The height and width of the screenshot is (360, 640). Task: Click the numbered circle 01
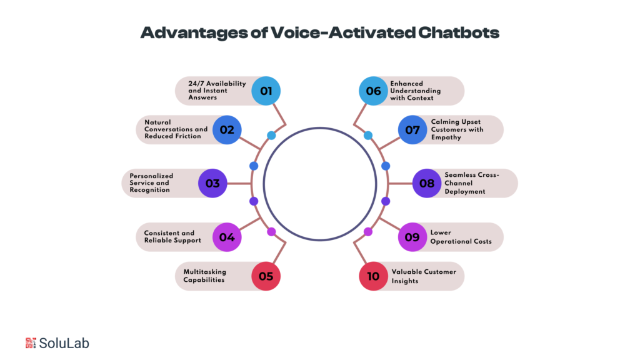coord(266,91)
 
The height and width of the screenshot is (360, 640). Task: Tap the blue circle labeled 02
coord(227,130)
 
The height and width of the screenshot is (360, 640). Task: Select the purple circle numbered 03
coord(212,183)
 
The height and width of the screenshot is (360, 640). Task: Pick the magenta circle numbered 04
coord(227,237)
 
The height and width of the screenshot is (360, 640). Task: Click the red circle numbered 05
coord(266,276)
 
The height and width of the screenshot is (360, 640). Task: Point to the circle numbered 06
coord(374,91)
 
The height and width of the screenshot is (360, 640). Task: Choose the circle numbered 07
coord(412,130)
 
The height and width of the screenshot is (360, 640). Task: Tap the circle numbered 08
coord(427,183)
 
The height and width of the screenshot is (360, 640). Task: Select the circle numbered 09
coord(412,237)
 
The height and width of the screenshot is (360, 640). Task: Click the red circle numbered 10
coord(374,276)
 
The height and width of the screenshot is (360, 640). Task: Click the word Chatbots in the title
coord(458,32)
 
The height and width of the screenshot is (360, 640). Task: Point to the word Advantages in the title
coord(194,33)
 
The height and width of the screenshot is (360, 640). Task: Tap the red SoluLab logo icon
coord(31,343)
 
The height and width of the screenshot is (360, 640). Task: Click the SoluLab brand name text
coord(64,343)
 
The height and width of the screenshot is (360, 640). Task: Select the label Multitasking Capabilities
coord(204,276)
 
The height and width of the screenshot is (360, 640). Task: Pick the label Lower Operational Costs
coord(461,237)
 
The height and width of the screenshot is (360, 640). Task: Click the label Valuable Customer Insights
coord(424,276)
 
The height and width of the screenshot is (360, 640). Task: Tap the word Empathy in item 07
coord(446,137)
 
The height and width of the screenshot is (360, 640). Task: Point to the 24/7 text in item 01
coord(196,84)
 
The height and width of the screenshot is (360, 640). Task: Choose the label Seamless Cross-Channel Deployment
coord(472,183)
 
